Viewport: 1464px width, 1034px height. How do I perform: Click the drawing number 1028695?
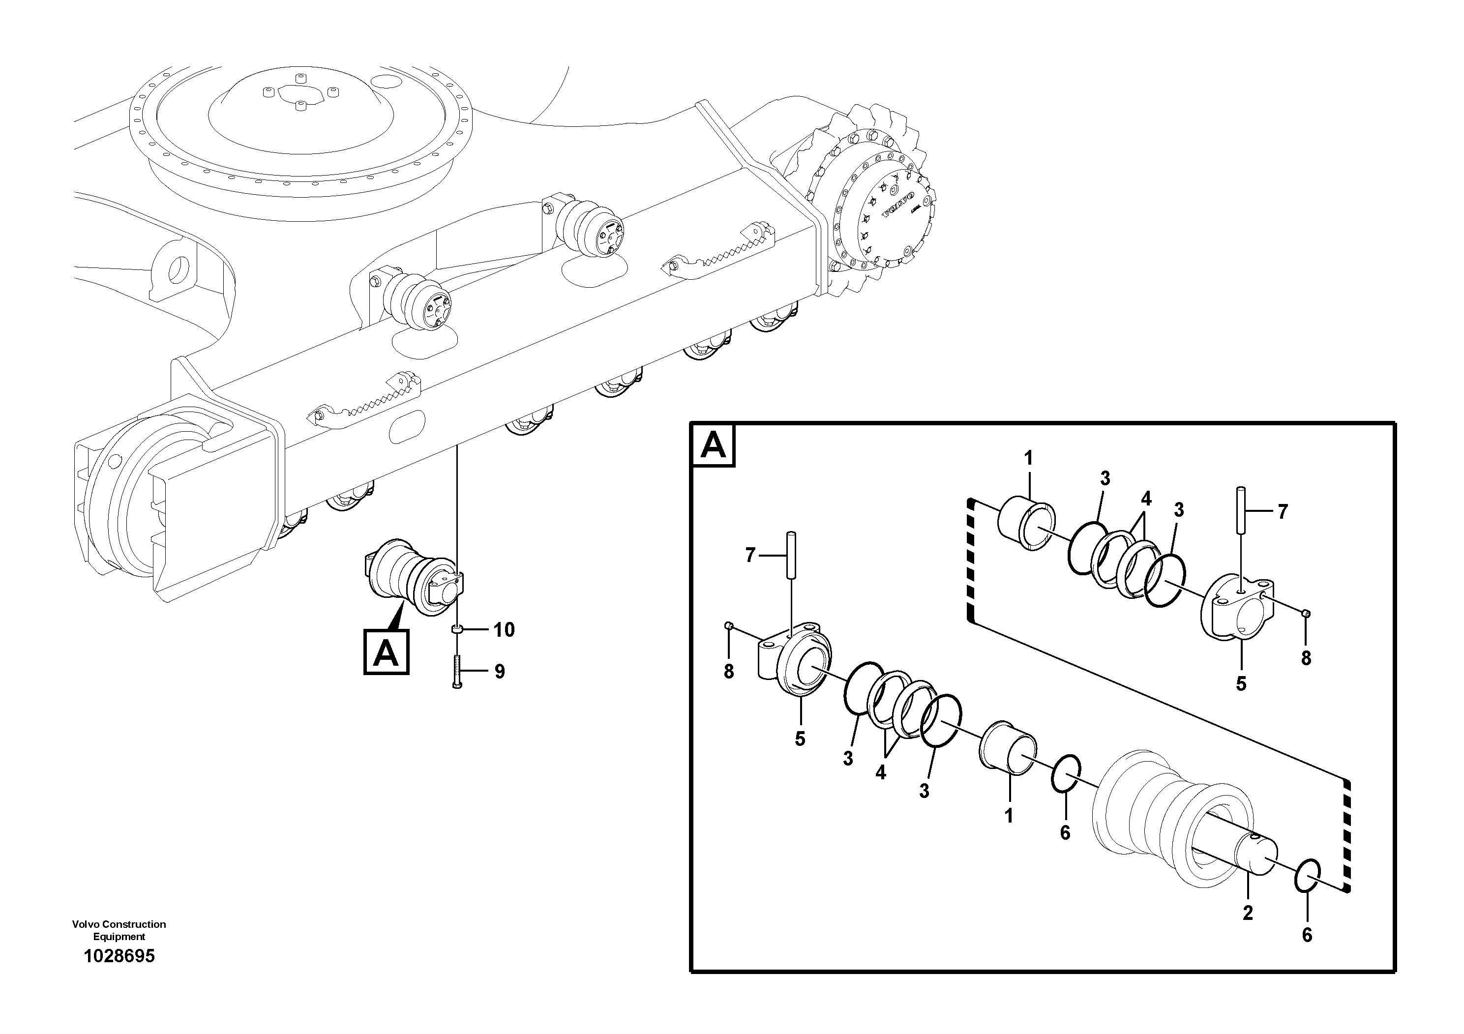point(119,956)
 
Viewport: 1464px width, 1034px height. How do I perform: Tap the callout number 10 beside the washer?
point(504,630)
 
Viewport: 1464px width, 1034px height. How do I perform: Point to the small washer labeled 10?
point(456,630)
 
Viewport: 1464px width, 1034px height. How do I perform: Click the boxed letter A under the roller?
point(386,653)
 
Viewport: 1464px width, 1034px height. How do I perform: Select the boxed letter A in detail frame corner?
point(713,445)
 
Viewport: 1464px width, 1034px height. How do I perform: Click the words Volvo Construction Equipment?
point(119,930)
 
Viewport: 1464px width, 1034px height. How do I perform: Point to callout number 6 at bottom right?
point(1307,935)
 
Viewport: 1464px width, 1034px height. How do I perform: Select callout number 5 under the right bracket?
point(1241,683)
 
